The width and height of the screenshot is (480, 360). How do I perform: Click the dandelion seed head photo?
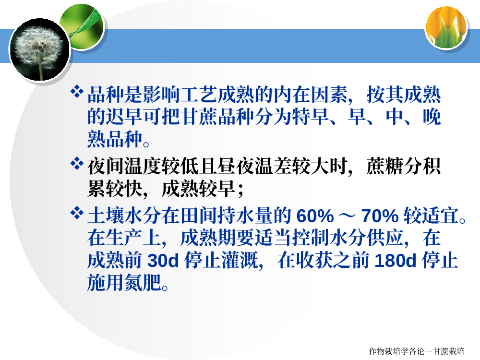(x=39, y=49)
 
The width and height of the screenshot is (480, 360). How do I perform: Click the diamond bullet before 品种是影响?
(x=76, y=92)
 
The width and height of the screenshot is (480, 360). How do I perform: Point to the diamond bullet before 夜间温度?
(x=76, y=164)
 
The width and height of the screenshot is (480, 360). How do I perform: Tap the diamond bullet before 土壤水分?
(x=76, y=213)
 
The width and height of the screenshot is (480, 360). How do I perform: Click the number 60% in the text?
(x=315, y=216)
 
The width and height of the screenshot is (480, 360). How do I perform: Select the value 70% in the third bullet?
(x=380, y=216)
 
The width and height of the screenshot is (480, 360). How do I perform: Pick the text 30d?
(x=163, y=261)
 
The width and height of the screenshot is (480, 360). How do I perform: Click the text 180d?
(x=395, y=261)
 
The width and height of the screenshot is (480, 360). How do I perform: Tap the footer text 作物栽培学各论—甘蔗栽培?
(x=417, y=351)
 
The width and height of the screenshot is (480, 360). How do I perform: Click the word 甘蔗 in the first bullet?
(x=199, y=117)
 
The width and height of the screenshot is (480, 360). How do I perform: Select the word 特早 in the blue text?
(x=311, y=117)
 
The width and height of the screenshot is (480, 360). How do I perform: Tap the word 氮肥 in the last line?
(x=143, y=282)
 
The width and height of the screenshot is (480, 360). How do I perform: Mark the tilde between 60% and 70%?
(x=348, y=216)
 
